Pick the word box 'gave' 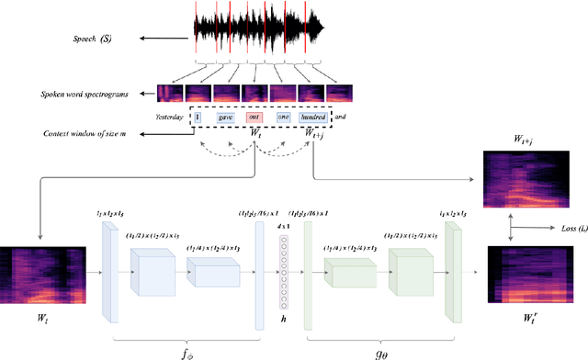point(225,117)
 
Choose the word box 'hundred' point(321,117)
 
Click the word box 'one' point(284,117)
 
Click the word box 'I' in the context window point(197,117)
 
